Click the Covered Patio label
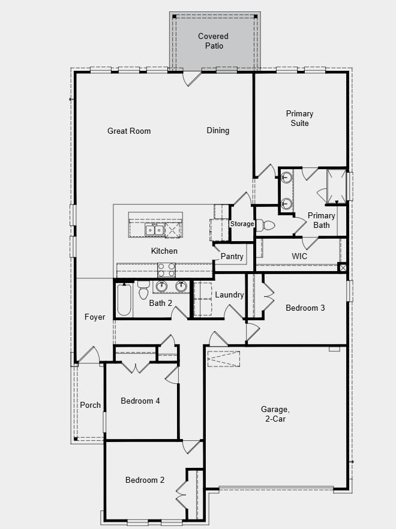pos(213,41)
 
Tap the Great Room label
pos(129,131)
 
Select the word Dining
pos(218,130)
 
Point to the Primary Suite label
pos(299,118)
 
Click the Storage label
pos(242,224)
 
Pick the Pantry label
pos(232,257)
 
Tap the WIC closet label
pos(299,256)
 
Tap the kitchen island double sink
pos(154,229)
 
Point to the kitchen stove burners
pos(166,269)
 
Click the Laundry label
pos(229,294)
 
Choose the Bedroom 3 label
pos(305,308)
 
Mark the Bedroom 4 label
pos(140,401)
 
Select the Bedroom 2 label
pos(145,480)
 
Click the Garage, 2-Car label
pos(275,414)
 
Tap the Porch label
pos(91,405)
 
